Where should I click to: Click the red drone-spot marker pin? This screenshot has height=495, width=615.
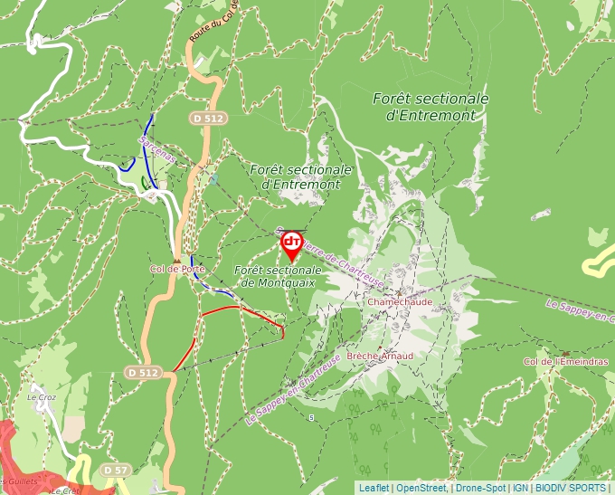click(292, 243)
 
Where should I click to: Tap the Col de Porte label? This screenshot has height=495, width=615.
click(177, 269)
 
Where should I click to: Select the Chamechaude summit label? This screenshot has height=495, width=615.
click(400, 301)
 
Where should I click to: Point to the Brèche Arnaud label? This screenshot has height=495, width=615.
click(380, 357)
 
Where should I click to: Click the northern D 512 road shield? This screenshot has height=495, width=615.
click(207, 118)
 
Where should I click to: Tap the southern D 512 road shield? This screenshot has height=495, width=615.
click(143, 372)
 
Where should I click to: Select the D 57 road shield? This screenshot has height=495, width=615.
click(114, 470)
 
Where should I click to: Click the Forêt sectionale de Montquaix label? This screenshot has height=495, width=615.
click(277, 277)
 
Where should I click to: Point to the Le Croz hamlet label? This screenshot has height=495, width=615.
click(41, 396)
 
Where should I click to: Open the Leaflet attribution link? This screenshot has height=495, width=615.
click(374, 488)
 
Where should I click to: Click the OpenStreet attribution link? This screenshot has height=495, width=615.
click(421, 488)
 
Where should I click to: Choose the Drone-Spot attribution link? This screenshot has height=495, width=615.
click(480, 488)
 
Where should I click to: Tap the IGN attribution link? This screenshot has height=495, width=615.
click(520, 488)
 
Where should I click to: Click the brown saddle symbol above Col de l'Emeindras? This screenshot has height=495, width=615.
click(565, 353)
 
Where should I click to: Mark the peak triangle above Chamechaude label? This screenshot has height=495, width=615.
click(400, 291)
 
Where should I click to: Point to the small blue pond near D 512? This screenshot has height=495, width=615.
click(213, 179)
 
